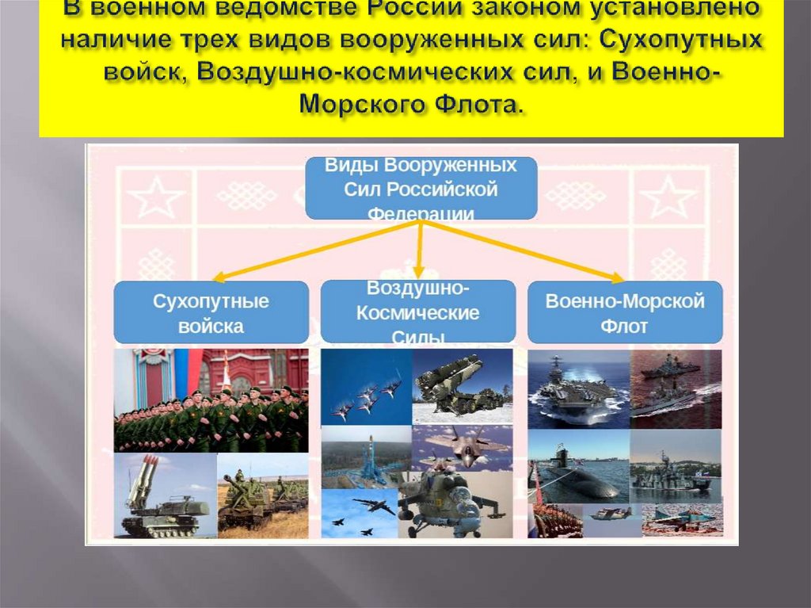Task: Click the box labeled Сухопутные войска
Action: [211, 312]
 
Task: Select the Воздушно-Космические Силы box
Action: [418, 312]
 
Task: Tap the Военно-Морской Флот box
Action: [625, 312]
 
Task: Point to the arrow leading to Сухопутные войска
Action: [317, 251]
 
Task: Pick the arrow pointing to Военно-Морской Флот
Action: [524, 251]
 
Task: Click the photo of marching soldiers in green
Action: [211, 400]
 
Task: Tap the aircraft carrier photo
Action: [577, 388]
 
